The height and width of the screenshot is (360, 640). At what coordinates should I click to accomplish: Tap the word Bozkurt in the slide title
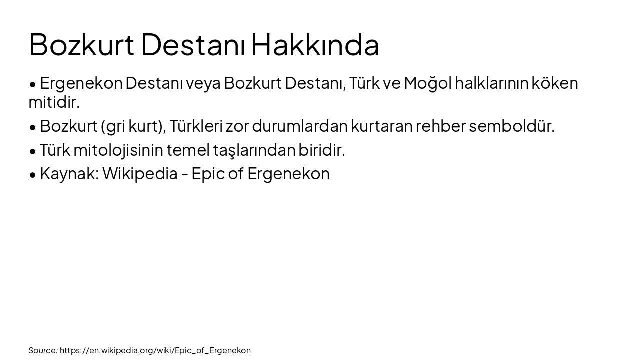pyautogui.click(x=81, y=45)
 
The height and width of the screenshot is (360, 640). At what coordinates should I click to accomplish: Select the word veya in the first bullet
pyautogui.click(x=203, y=83)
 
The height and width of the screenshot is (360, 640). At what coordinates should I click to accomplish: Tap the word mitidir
pyautogui.click(x=54, y=102)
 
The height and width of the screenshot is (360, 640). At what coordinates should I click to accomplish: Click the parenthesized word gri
pyautogui.click(x=114, y=126)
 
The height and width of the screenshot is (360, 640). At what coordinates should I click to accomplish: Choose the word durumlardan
pyautogui.click(x=299, y=126)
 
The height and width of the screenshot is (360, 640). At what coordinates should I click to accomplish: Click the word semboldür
pyautogui.click(x=512, y=126)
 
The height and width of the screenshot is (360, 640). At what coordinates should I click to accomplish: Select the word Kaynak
pyautogui.click(x=69, y=174)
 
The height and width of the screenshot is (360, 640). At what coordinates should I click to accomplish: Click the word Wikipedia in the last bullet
pyautogui.click(x=140, y=174)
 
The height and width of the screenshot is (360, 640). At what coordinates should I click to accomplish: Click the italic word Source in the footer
pyautogui.click(x=43, y=350)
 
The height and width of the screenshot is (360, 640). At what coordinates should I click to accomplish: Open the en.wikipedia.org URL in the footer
pyautogui.click(x=155, y=350)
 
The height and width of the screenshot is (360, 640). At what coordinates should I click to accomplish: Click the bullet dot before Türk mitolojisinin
pyautogui.click(x=33, y=150)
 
